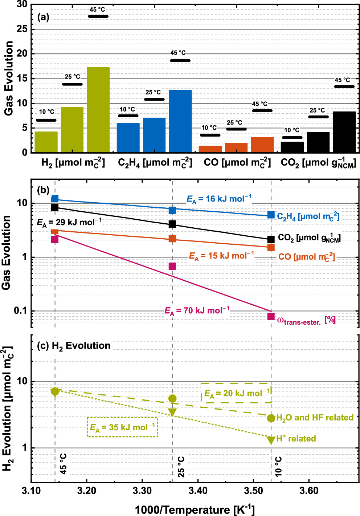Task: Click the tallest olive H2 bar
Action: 98,110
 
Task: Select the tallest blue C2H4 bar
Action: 180,121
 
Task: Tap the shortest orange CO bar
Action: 210,149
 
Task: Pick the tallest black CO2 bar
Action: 344,132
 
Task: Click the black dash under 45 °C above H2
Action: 98,16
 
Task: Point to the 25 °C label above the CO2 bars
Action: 317,110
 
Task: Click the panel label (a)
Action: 43,17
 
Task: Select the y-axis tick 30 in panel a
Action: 22,4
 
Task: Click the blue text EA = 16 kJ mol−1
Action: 219,199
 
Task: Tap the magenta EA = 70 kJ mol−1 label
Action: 197,311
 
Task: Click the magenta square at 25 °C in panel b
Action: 172,266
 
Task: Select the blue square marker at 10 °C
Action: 271,215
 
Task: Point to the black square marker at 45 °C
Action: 55,207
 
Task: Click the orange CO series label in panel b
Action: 306,257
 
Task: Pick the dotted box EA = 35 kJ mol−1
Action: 122,427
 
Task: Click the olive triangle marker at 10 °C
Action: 271,440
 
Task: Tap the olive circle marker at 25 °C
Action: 172,398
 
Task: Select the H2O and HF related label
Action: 315,418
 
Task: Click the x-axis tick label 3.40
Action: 198,491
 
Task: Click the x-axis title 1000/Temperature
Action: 195,509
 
